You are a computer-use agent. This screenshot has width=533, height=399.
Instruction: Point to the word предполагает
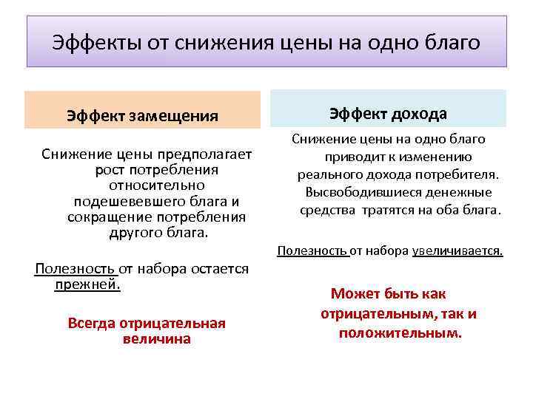[207, 154]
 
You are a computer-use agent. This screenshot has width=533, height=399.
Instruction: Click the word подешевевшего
[119, 201]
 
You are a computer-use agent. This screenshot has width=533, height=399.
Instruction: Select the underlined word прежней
[87, 284]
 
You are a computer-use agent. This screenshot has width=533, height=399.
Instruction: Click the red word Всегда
[90, 323]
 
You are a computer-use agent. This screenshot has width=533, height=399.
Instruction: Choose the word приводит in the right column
[351, 157]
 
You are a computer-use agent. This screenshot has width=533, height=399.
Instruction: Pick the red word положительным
[400, 333]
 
